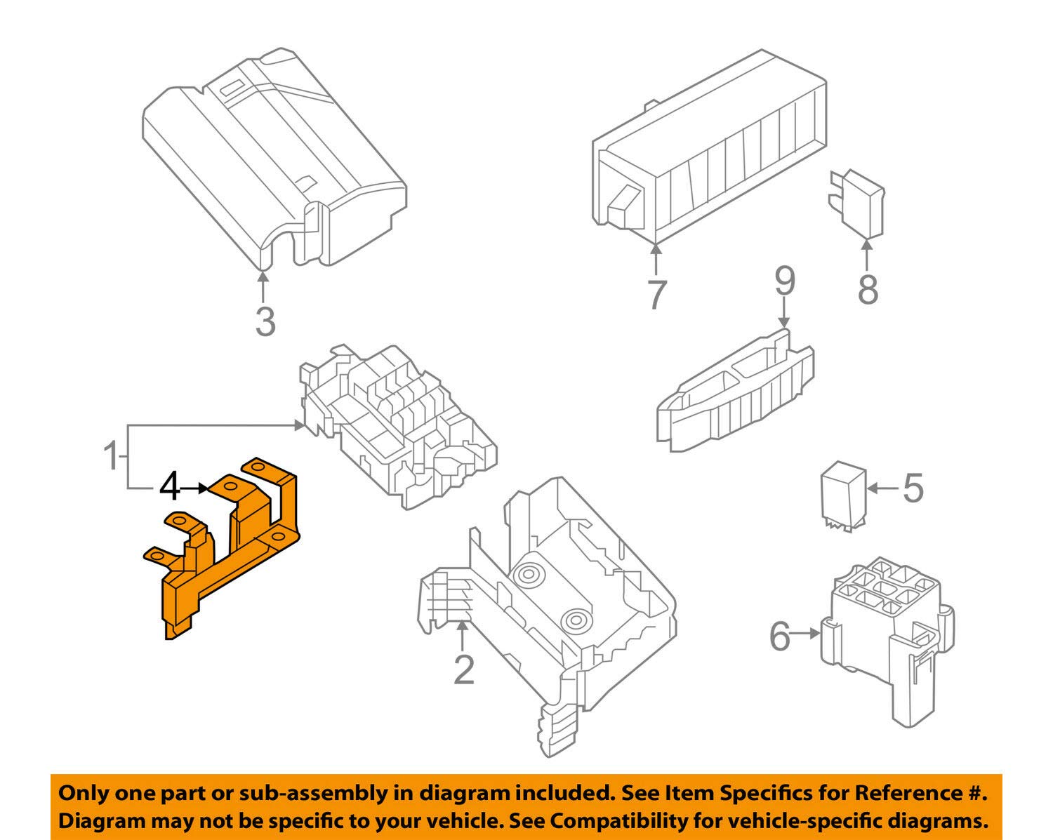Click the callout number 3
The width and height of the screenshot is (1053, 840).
[x=265, y=321]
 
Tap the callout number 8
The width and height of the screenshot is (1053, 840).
[x=868, y=289]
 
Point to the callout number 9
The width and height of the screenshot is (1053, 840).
[x=784, y=281]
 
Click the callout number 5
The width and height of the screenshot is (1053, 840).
[x=913, y=488]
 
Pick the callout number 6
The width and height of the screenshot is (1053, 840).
[x=780, y=636]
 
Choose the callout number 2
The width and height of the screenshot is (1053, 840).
[x=463, y=669]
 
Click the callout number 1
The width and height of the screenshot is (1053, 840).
[x=111, y=457]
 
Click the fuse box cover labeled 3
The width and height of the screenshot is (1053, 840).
[x=274, y=154]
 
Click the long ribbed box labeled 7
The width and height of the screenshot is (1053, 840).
[x=709, y=147]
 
